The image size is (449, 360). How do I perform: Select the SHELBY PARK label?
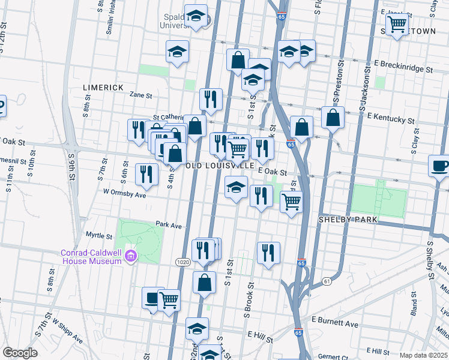pos(348,220)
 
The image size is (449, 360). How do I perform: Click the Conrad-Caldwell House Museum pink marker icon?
pos(131,257)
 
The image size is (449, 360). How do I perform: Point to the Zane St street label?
pos(140,95)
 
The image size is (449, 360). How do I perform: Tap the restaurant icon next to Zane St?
pos(211,99)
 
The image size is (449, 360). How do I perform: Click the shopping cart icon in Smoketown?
pos(397,25)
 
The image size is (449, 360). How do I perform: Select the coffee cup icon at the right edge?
pos(439,166)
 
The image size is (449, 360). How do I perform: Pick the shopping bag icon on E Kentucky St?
pos(333,118)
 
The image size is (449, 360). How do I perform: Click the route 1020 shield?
pos(183,262)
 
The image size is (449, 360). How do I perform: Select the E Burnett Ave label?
pos(335,324)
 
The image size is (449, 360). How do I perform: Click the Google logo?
pos(20,353)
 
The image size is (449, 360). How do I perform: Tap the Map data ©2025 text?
pos(423,355)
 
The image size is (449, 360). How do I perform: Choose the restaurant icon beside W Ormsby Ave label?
pos(146,174)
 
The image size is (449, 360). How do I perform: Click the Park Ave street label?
pos(169,225)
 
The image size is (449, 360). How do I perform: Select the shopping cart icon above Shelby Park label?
pos(291,202)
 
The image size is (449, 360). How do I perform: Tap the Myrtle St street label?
pos(99,236)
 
